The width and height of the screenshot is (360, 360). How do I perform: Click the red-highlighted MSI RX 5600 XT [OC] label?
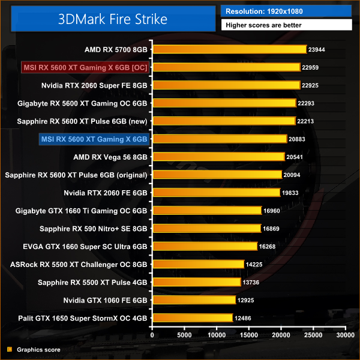[x=85, y=67]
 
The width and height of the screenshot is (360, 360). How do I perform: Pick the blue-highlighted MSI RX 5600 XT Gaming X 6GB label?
[x=94, y=139]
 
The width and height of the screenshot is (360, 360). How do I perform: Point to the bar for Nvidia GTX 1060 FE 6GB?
[x=194, y=299]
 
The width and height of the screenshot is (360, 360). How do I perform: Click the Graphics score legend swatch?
[x=10, y=349]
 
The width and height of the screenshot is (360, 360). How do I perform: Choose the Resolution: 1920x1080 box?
[x=286, y=11]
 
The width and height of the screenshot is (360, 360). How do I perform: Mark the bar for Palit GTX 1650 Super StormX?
[x=192, y=317]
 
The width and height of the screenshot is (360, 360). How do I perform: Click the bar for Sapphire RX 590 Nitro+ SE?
[x=206, y=228]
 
